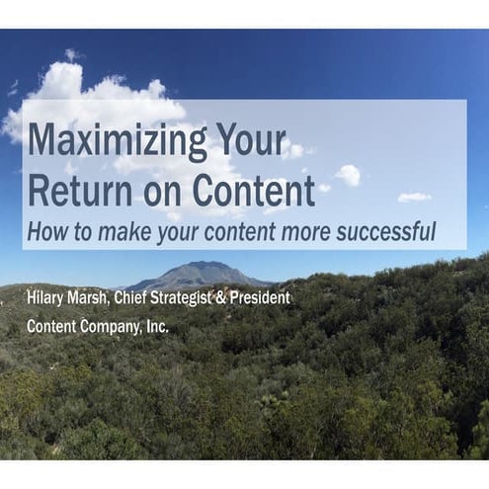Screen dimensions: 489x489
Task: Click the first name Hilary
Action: tap(48, 297)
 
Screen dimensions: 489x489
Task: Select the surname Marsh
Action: tap(102, 297)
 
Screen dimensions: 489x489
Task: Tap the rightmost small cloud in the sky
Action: tap(414, 197)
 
